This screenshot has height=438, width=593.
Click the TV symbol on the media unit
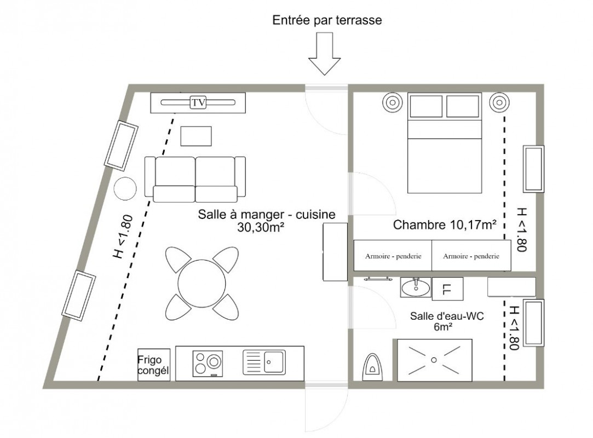(x=199, y=102)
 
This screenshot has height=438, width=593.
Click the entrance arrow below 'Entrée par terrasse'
(x=325, y=53)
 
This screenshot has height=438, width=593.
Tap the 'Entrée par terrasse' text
(x=327, y=20)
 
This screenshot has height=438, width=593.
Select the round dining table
(x=201, y=283)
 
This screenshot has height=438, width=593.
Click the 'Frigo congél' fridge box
(x=154, y=365)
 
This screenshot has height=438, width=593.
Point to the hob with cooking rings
(x=208, y=364)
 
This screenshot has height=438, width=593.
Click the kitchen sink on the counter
(x=264, y=362)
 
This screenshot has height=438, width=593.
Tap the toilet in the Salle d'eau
(x=372, y=367)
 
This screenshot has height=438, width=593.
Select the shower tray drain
(x=434, y=360)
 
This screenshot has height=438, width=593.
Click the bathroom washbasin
(x=416, y=287)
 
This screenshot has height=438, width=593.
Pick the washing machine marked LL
(x=447, y=289)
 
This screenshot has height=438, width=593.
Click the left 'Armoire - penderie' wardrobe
(x=393, y=255)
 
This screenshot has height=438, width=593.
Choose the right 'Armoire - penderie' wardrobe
(x=471, y=255)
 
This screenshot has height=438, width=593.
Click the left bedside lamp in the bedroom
(x=392, y=102)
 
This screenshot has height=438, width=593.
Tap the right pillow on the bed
(x=463, y=106)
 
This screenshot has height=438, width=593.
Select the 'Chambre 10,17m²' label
(x=445, y=224)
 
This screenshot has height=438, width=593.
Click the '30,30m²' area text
(x=261, y=227)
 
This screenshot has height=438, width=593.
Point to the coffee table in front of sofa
(x=196, y=136)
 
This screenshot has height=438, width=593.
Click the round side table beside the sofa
(x=125, y=188)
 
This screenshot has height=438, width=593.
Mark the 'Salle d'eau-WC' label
(x=447, y=316)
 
